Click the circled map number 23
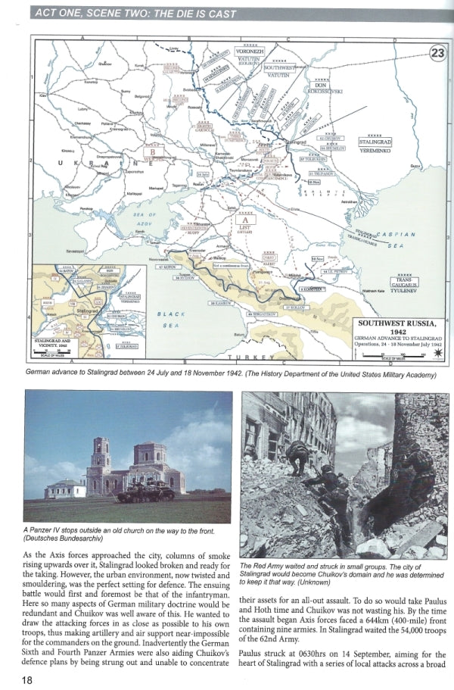click(437, 52)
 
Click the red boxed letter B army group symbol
click(154, 151)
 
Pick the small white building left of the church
click(63, 489)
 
